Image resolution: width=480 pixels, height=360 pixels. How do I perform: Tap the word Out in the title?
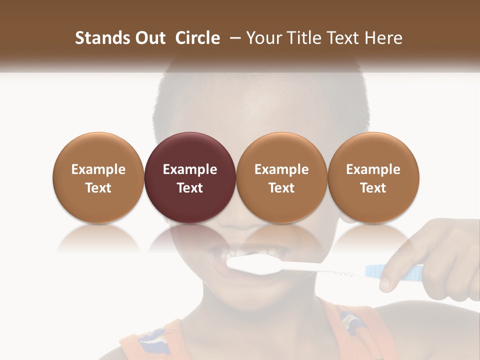pos(149,38)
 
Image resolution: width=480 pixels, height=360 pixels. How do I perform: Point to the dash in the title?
pos(233,38)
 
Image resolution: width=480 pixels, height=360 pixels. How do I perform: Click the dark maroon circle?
pos(189,150)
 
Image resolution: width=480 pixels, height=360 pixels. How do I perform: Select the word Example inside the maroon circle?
pos(190,169)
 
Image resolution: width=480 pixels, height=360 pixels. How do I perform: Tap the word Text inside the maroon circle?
pos(190,188)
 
